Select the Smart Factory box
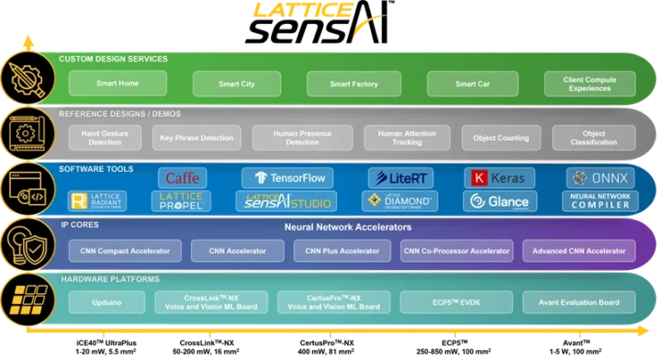(x=353, y=84)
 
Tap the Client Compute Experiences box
(x=588, y=84)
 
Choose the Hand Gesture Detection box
(x=104, y=138)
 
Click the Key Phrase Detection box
(x=196, y=138)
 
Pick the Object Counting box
(x=500, y=138)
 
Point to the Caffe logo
(x=183, y=178)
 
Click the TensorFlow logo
(x=287, y=178)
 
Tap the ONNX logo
(x=599, y=178)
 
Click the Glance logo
(x=499, y=202)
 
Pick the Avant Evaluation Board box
(x=578, y=302)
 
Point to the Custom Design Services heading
(x=113, y=59)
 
